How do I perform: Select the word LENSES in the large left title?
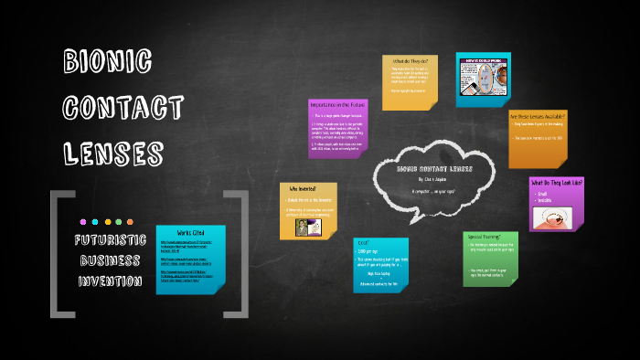[x=114, y=151]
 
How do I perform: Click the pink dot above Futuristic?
[x=83, y=222]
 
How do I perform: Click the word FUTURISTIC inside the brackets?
[x=108, y=241]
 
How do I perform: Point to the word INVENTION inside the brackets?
[x=108, y=281]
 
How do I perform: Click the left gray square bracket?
[x=60, y=254]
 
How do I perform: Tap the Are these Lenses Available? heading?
[x=538, y=118]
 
